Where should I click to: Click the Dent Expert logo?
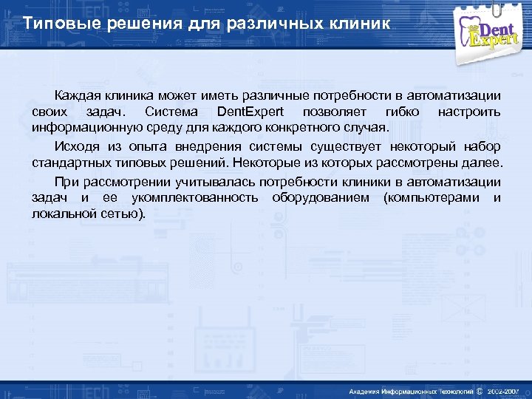(492, 30)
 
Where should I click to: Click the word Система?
(171, 112)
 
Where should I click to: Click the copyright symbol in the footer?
(479, 390)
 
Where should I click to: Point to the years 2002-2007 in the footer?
(503, 390)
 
